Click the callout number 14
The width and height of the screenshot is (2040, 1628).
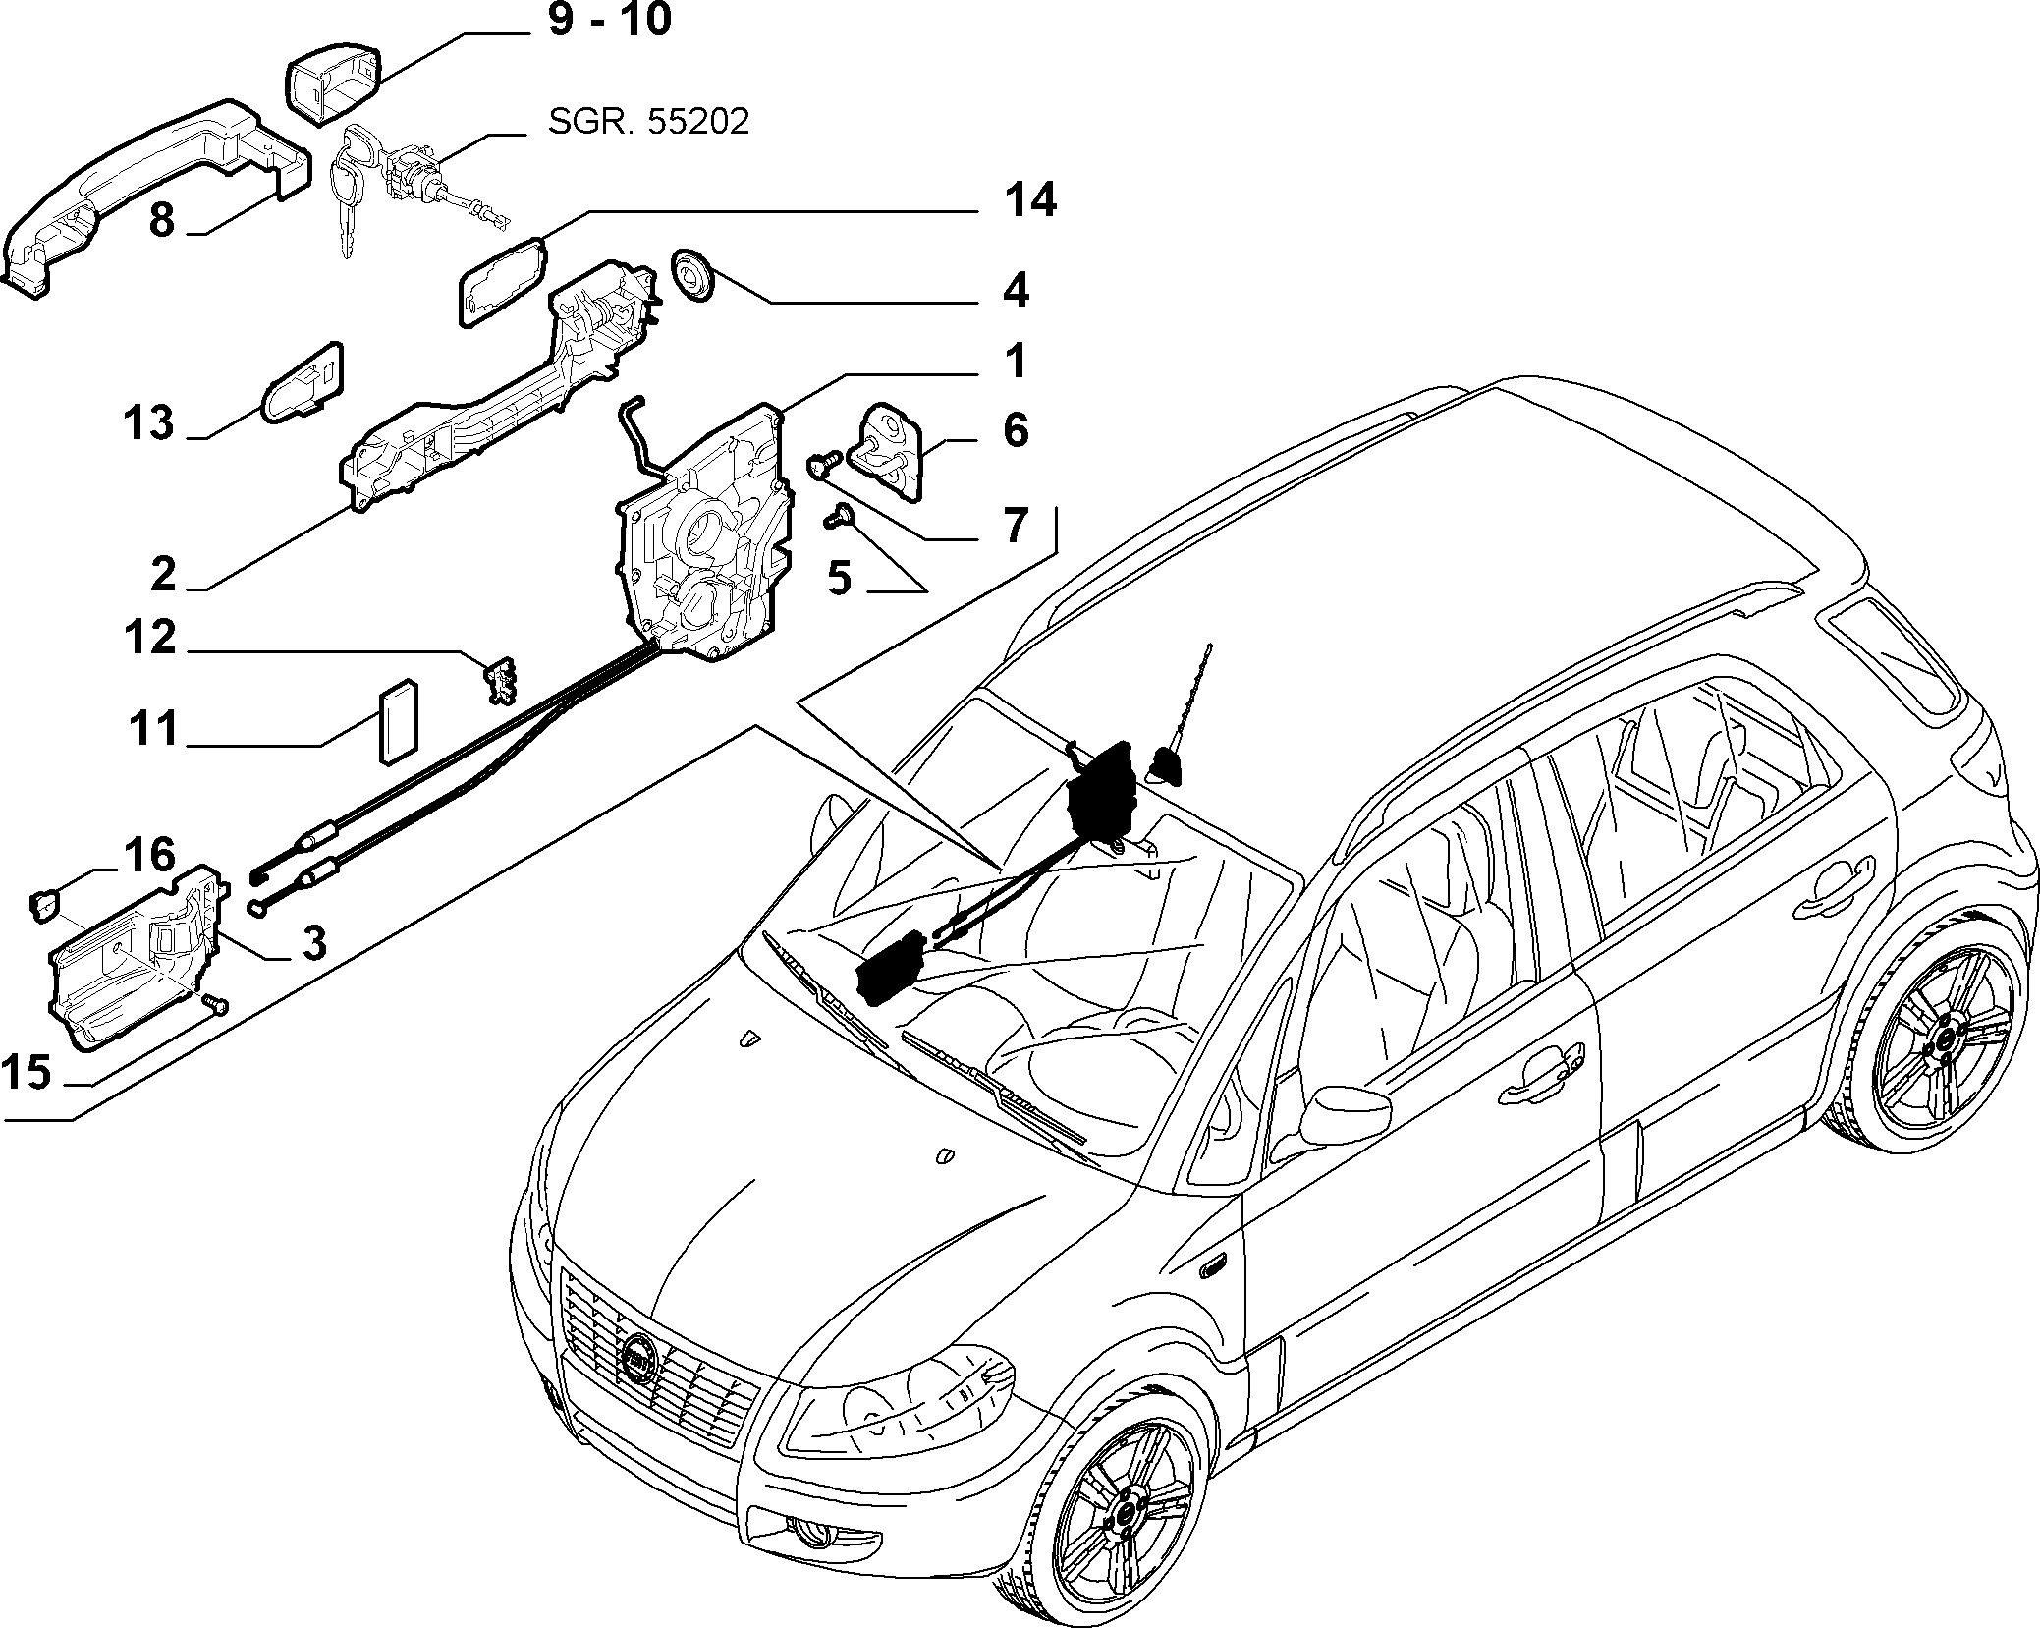[x=1030, y=200]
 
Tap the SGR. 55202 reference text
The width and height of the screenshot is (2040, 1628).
[x=648, y=121]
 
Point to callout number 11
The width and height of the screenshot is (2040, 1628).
[x=153, y=729]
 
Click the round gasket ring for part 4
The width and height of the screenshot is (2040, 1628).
[x=691, y=278]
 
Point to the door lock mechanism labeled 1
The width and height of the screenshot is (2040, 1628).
[x=702, y=531]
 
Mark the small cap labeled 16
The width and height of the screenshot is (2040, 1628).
[x=44, y=904]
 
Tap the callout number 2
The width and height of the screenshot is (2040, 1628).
[x=163, y=574]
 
